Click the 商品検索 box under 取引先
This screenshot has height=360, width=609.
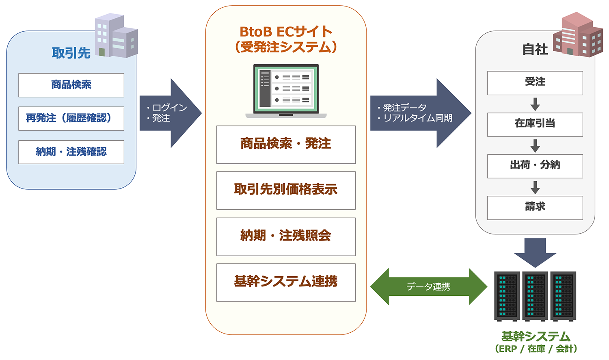click(x=71, y=85)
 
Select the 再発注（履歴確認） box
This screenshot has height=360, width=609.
click(x=71, y=118)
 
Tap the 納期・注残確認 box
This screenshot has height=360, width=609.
click(x=71, y=152)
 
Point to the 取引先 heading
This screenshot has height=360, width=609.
click(x=71, y=53)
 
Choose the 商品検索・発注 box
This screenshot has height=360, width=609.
click(x=286, y=144)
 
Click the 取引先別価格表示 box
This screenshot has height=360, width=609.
click(x=286, y=190)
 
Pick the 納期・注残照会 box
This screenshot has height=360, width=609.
click(x=286, y=236)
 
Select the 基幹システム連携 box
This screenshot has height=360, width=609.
click(x=286, y=282)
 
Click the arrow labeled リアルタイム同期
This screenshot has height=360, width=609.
click(x=420, y=113)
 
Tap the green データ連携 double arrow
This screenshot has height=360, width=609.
click(x=428, y=287)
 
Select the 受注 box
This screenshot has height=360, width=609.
click(x=535, y=83)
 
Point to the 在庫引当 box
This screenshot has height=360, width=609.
click(x=535, y=124)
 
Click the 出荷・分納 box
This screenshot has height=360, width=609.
click(x=535, y=166)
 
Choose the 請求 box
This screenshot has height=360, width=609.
click(x=535, y=208)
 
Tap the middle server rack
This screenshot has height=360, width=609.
click(x=535, y=296)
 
